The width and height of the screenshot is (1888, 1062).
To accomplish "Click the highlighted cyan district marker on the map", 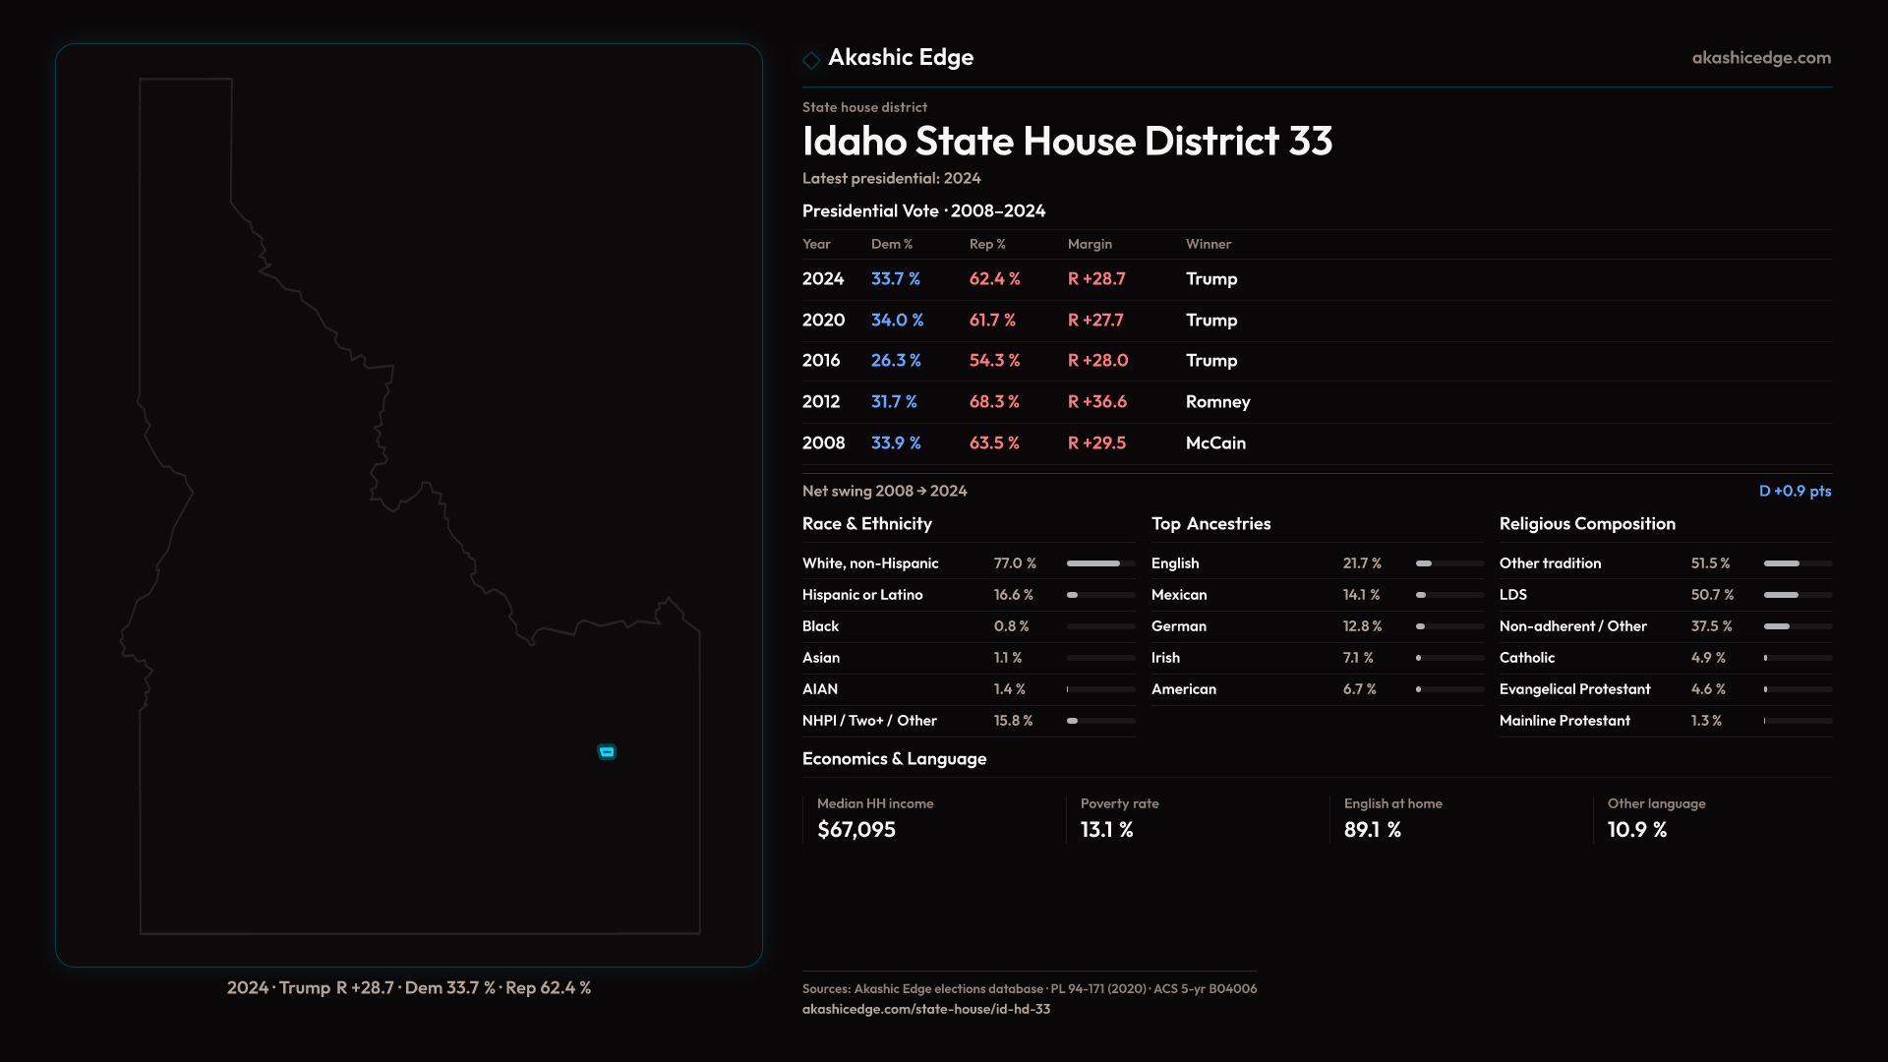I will (x=607, y=752).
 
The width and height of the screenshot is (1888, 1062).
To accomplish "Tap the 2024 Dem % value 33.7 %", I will (x=895, y=279).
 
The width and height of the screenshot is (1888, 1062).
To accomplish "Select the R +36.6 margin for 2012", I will (x=1097, y=402).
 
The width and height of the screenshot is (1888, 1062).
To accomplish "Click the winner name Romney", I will (x=1217, y=402).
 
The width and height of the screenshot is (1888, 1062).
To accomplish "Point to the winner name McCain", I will (x=1215, y=443).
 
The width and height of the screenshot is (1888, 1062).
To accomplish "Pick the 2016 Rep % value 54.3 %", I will (x=994, y=361).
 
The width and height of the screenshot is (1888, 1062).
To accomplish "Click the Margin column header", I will (x=1090, y=244).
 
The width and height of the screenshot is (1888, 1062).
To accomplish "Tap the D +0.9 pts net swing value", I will (x=1795, y=491).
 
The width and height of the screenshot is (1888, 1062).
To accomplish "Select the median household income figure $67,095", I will (x=856, y=830).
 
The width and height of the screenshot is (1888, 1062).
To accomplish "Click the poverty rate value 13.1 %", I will (x=1106, y=830).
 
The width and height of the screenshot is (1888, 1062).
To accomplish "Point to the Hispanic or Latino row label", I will (x=862, y=595).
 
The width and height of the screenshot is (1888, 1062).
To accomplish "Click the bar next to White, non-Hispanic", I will (x=1100, y=563).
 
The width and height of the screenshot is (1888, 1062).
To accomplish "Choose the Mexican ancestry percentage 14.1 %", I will (x=1361, y=595).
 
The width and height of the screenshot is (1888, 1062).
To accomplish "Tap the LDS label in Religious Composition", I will (x=1513, y=595).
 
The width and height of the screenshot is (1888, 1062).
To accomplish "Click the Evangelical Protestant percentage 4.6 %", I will (x=1708, y=689).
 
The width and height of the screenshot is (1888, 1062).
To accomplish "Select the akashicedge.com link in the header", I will (x=1761, y=58).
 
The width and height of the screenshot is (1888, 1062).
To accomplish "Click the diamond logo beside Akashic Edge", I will (x=811, y=60).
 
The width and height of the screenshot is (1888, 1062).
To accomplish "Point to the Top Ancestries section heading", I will (x=1210, y=524).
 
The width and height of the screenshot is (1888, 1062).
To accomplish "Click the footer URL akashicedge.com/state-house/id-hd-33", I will (x=926, y=1009).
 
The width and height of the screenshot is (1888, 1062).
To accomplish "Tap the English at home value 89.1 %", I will (x=1372, y=830).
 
